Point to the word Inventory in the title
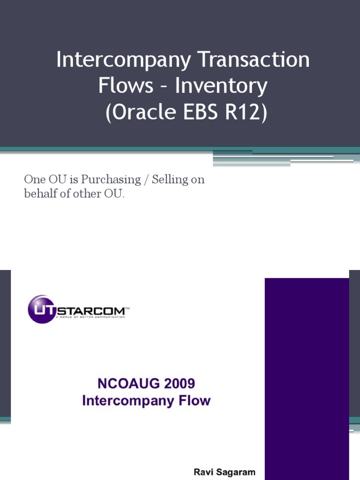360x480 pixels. [222, 86]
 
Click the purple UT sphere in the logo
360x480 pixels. [42, 309]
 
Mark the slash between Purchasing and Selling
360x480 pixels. [146, 180]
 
